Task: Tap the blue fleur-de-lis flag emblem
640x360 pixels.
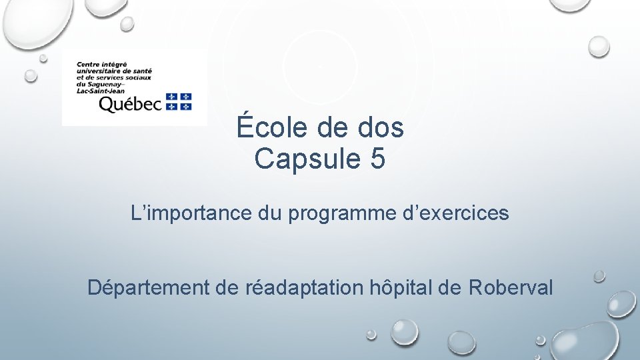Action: point(179,101)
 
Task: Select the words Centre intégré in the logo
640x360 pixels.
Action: point(101,63)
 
